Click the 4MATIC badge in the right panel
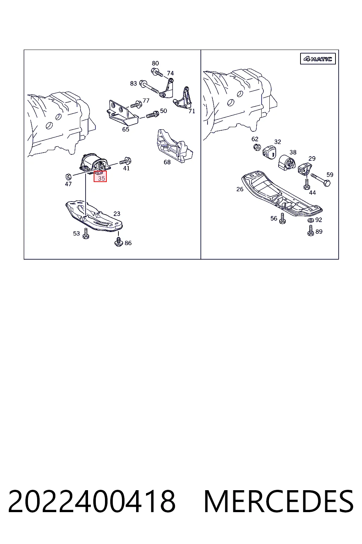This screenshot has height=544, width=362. click(x=317, y=59)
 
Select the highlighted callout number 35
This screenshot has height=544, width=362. click(x=101, y=178)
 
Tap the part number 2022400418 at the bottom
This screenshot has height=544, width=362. click(x=92, y=502)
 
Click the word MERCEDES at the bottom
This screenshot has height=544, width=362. click(x=279, y=502)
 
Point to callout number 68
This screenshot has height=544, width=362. click(x=167, y=162)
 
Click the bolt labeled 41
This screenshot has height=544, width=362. click(x=125, y=161)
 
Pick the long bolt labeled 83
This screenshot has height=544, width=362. click(x=149, y=87)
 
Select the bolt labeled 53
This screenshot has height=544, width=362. click(x=86, y=234)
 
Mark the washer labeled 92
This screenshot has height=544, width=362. click(x=310, y=220)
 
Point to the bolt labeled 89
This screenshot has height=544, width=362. click(x=311, y=231)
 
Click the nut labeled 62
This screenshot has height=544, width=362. click(x=257, y=147)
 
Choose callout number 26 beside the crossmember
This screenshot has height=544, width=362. click(x=240, y=189)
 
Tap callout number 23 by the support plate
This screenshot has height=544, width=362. click(x=117, y=214)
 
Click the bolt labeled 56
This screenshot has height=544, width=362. click(x=282, y=218)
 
